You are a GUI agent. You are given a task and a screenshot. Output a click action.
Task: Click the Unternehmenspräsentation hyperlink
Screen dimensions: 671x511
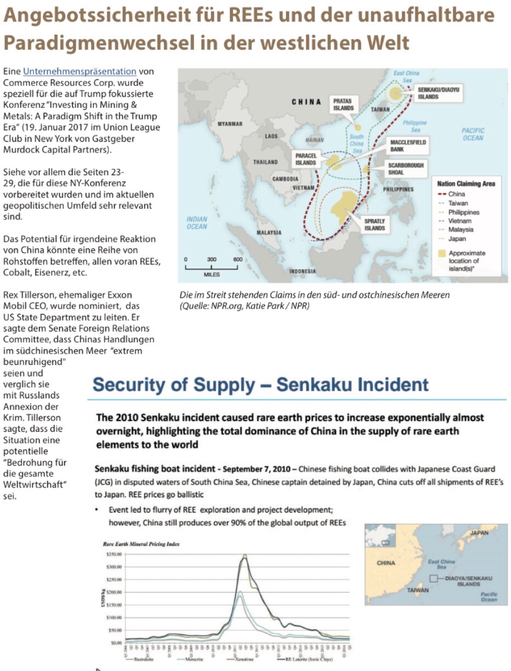pyautogui.click(x=79, y=71)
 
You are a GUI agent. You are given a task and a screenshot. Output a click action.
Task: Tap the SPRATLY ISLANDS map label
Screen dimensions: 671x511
pyautogui.click(x=375, y=224)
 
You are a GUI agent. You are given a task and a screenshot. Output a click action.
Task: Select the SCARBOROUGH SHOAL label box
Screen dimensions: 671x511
pyautogui.click(x=406, y=169)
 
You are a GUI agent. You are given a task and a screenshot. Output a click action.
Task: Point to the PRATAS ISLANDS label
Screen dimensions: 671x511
pyautogui.click(x=343, y=104)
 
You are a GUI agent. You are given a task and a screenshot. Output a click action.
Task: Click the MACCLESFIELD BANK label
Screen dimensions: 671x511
pyautogui.click(x=408, y=145)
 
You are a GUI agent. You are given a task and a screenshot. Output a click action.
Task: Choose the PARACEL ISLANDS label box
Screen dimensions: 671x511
pyautogui.click(x=306, y=159)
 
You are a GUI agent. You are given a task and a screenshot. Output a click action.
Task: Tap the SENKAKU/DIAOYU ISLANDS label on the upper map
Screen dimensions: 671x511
pyautogui.click(x=435, y=93)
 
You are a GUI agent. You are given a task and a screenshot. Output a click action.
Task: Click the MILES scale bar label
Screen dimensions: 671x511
pyautogui.click(x=211, y=274)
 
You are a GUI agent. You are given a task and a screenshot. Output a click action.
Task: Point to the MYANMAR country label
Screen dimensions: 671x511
pyautogui.click(x=230, y=124)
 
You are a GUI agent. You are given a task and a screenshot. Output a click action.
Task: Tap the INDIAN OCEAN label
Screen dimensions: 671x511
pyautogui.click(x=197, y=223)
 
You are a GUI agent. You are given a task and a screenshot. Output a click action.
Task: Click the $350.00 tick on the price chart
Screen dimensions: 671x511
pyautogui.click(x=113, y=555)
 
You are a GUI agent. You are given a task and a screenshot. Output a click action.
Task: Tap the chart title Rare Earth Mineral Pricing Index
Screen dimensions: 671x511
pyautogui.click(x=141, y=544)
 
